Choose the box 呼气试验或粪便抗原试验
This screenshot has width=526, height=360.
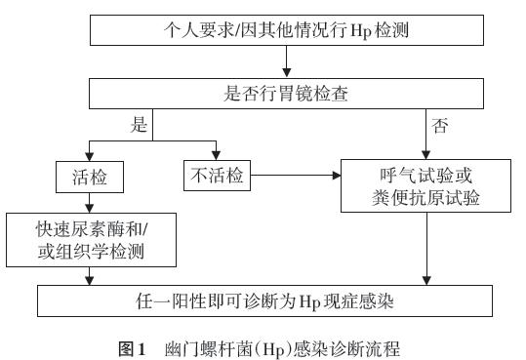point(427,187)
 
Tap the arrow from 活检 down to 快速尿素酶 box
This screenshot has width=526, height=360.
point(90,207)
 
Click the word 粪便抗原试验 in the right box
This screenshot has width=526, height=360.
point(427,200)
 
